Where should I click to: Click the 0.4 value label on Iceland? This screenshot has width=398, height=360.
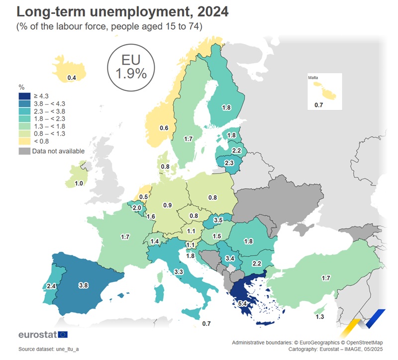[72, 78]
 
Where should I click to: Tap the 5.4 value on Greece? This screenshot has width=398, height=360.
[243, 303]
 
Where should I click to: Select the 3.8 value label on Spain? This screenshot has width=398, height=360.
[84, 285]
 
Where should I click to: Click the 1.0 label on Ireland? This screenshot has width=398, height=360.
[79, 183]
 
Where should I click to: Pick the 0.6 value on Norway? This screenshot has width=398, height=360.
[164, 128]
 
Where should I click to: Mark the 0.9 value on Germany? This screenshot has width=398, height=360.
[168, 205]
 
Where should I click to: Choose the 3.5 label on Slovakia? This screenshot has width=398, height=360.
[218, 220]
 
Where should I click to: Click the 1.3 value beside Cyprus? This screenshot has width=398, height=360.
[320, 317]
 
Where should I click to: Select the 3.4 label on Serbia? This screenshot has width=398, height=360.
[230, 258]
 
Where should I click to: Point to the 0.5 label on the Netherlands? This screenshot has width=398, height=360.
[144, 197]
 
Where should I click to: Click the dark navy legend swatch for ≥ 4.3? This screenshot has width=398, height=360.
[25, 96]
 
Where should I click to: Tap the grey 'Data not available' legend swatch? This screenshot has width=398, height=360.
[25, 151]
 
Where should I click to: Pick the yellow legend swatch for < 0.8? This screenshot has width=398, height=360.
[25, 141]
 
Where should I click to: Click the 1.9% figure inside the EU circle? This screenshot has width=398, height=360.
[131, 74]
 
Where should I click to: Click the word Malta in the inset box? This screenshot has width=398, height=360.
[313, 78]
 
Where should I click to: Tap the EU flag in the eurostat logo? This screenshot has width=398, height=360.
[63, 334]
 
